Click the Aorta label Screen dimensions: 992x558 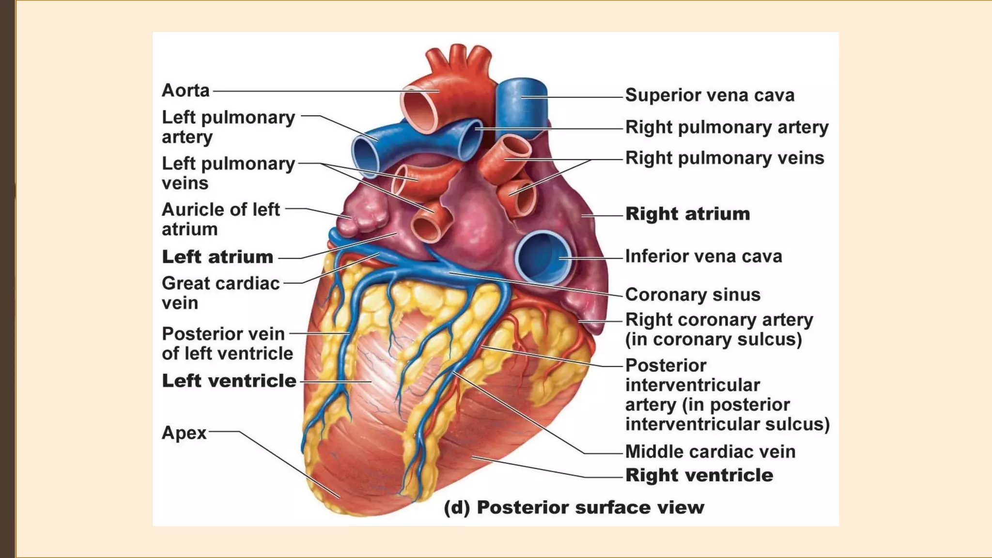[186, 91]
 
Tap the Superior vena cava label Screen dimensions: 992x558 [710, 95]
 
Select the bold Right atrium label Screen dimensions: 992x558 [687, 214]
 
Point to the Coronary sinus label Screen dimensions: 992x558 [693, 294]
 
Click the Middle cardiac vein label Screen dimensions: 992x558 [710, 451]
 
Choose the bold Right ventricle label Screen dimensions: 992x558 [699, 475]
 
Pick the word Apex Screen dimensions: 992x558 [184, 433]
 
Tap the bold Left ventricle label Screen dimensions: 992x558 [229, 381]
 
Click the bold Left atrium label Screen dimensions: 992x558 [217, 257]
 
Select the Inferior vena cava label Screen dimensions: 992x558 [703, 256]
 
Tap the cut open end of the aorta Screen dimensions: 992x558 [419, 109]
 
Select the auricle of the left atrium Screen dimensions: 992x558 [364, 213]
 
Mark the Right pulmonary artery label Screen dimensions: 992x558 [727, 127]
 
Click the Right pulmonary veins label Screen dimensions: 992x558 [725, 158]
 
